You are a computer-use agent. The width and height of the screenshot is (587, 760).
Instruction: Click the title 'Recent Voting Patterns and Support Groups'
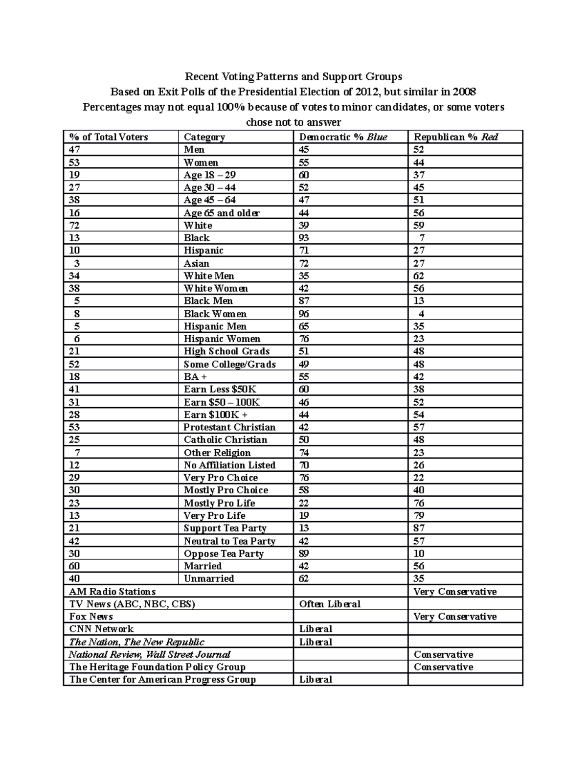(x=293, y=77)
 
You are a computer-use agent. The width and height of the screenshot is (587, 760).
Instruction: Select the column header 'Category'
(x=204, y=137)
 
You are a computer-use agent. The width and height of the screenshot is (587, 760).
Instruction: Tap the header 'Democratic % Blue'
(x=343, y=137)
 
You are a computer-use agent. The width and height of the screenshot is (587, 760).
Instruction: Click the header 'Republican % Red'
(x=456, y=137)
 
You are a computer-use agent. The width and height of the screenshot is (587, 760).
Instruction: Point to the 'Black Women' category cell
(x=215, y=314)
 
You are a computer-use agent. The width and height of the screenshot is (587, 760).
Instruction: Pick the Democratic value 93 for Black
(x=304, y=238)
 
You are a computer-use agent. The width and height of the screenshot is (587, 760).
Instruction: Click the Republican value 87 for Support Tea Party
(x=419, y=528)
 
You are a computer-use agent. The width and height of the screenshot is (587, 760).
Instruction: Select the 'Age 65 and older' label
(x=221, y=213)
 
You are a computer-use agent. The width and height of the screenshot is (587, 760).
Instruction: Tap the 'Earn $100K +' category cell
(x=215, y=415)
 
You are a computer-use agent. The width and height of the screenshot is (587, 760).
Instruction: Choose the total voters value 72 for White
(x=74, y=226)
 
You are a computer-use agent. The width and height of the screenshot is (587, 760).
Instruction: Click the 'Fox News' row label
(x=91, y=617)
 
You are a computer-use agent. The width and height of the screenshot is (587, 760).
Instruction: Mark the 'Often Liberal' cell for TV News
(x=330, y=604)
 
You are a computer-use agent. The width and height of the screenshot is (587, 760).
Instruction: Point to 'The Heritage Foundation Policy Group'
(x=157, y=667)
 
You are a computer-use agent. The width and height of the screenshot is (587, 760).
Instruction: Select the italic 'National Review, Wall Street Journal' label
(x=149, y=654)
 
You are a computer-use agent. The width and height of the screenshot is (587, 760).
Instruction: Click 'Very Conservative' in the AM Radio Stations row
(x=455, y=592)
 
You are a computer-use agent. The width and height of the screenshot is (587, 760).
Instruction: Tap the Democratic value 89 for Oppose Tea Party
(x=304, y=553)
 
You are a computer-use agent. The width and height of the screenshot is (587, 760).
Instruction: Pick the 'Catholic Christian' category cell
(x=225, y=439)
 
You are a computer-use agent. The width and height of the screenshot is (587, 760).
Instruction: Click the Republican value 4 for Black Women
(x=421, y=314)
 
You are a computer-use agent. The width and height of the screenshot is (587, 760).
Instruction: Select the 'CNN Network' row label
(x=101, y=629)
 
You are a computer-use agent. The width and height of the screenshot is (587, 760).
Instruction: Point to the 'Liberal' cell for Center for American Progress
(x=316, y=679)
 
